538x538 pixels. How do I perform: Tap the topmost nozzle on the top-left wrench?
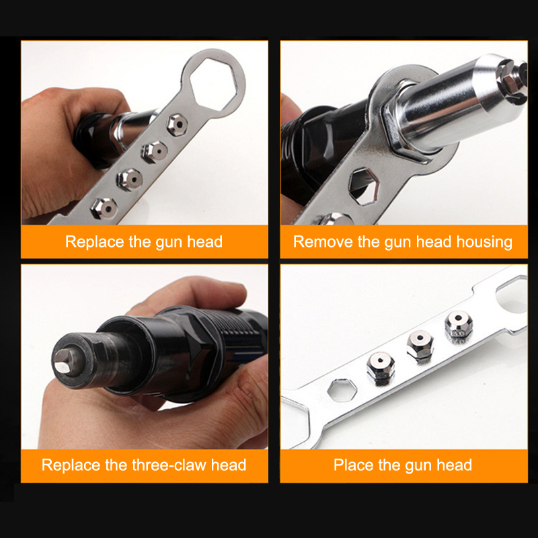(x=177, y=124)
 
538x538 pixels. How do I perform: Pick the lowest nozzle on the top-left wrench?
(x=104, y=208)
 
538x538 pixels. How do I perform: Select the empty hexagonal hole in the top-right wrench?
(x=364, y=186)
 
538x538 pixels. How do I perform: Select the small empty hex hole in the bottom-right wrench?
(x=342, y=391)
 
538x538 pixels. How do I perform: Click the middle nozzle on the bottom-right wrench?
(x=420, y=346)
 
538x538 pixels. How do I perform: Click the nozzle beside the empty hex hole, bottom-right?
(x=381, y=368)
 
